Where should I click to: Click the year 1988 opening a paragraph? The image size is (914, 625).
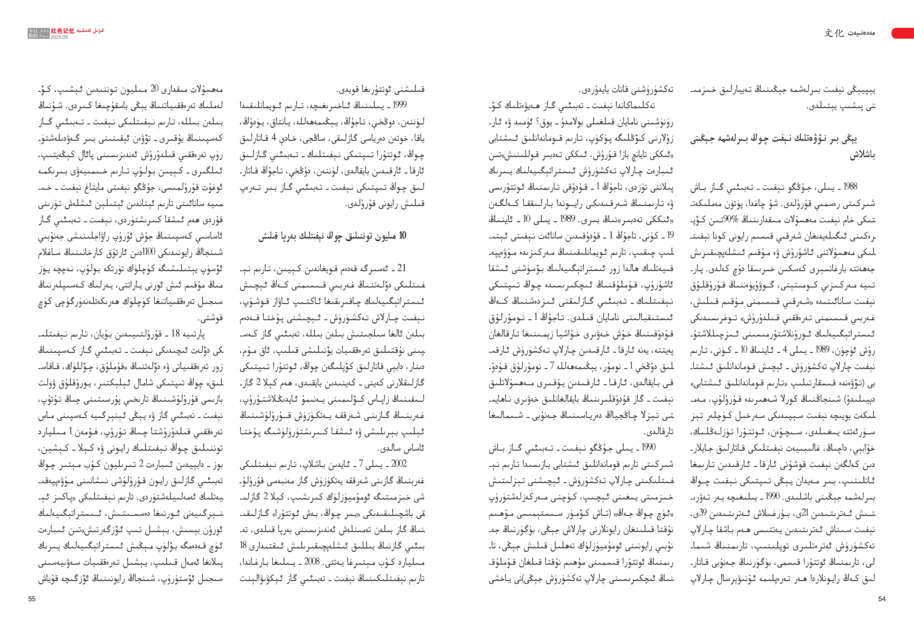(850, 187)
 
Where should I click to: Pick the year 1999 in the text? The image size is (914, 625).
(399, 105)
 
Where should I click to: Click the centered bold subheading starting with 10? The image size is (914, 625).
(332, 236)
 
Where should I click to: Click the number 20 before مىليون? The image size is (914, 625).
(155, 89)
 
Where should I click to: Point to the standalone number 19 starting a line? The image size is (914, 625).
(670, 235)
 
